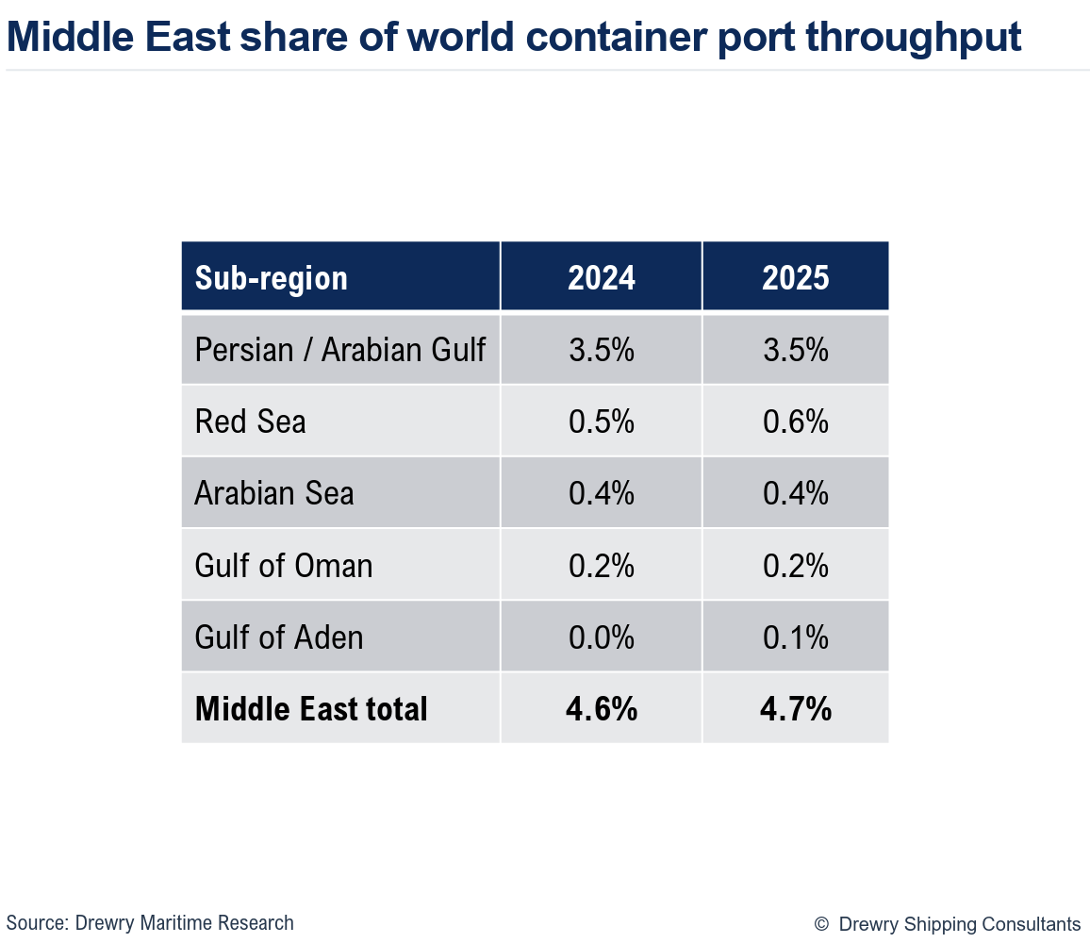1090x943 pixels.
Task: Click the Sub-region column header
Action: point(272,278)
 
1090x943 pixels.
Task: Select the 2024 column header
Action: point(602,278)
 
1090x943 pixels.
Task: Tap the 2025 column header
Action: point(796,278)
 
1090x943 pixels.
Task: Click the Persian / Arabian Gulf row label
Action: point(339,350)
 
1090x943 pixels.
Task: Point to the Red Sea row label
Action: point(250,422)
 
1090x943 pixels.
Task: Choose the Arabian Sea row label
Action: point(274,493)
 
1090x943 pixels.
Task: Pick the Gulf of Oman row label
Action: point(284,566)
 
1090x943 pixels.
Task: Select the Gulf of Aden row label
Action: point(279,637)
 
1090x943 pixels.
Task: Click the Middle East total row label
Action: point(311,709)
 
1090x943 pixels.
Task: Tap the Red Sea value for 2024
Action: point(602,422)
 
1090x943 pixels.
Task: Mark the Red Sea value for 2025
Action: point(796,422)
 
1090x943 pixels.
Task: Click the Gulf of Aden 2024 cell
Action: point(602,637)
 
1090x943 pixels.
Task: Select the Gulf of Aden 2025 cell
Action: point(796,637)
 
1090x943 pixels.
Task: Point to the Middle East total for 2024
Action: point(602,709)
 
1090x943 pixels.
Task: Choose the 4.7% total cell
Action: point(796,709)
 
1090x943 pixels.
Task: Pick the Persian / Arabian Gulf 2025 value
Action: point(796,350)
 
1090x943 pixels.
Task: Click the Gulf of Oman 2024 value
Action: point(602,566)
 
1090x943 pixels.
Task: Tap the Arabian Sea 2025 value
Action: point(796,493)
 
